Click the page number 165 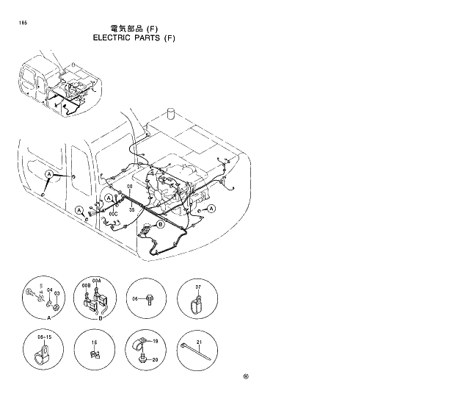coord(25,24)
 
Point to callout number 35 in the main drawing coord(131,209)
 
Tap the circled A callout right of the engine coord(211,209)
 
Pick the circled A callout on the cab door coord(48,175)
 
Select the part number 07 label coord(198,286)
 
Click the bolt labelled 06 coord(148,299)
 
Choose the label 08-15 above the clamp coord(45,336)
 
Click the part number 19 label coord(155,342)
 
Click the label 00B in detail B coord(86,282)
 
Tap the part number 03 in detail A coord(56,293)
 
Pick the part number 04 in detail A coord(49,290)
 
